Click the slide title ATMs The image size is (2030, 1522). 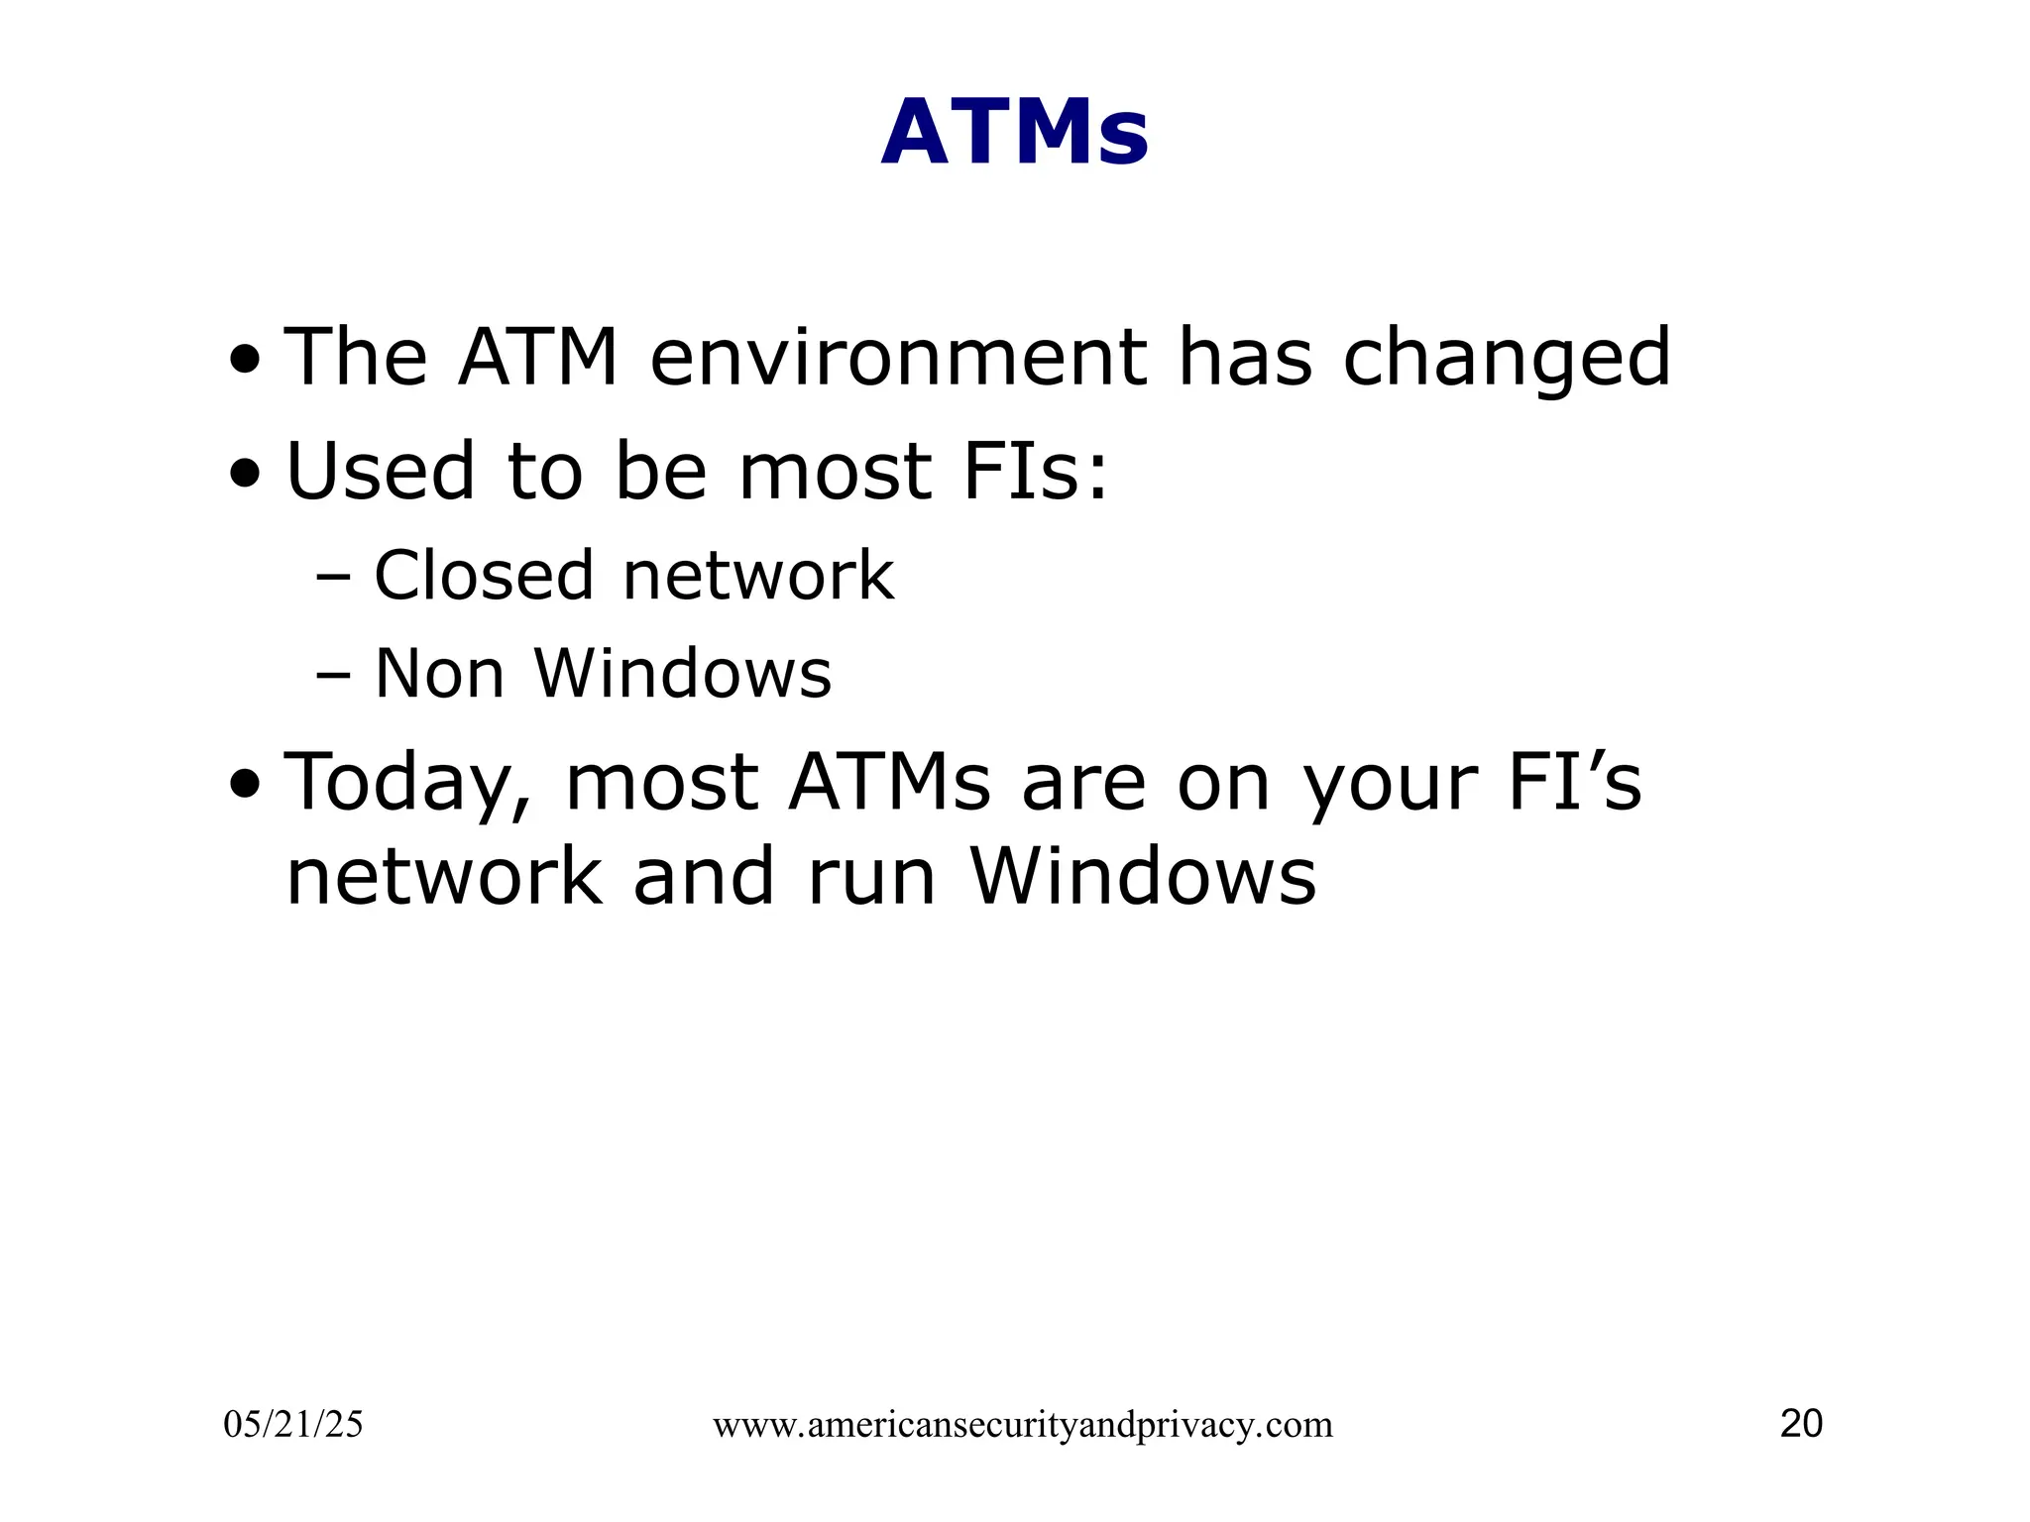coord(1014,133)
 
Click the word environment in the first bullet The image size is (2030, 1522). coord(897,358)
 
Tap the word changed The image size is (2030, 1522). coord(1507,358)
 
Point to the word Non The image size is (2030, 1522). coord(439,675)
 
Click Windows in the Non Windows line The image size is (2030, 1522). coord(683,675)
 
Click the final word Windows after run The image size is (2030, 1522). coord(1143,878)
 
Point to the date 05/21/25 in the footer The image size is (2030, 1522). coord(293,1425)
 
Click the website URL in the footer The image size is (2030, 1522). coord(1022,1426)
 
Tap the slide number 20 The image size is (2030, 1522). coord(1801,1424)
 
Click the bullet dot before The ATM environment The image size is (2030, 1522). coord(245,363)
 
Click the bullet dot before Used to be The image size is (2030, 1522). coord(245,476)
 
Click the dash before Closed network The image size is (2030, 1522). coord(333,578)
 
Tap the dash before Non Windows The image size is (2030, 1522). coord(333,677)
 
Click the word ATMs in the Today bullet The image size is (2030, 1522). coord(889,783)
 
